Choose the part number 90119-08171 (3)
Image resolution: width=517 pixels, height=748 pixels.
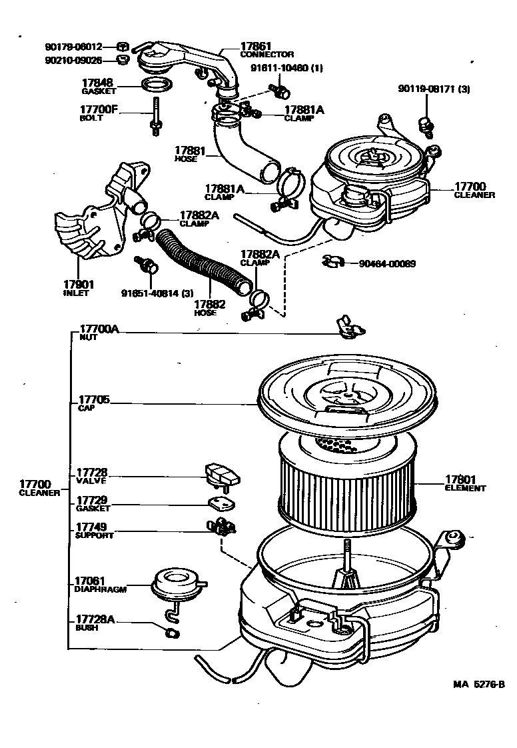[x=434, y=89]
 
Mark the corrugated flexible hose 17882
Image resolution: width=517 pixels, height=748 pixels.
[x=201, y=263]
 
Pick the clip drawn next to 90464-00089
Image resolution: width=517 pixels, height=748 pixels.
[x=331, y=262]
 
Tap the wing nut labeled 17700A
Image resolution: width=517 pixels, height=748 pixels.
[x=348, y=326]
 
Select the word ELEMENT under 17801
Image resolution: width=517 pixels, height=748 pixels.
[x=465, y=488]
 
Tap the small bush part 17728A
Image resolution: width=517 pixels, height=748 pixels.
[x=172, y=630]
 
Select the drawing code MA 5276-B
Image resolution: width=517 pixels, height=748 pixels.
[x=479, y=684]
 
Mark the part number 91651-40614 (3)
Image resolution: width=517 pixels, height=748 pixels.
[x=157, y=293]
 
